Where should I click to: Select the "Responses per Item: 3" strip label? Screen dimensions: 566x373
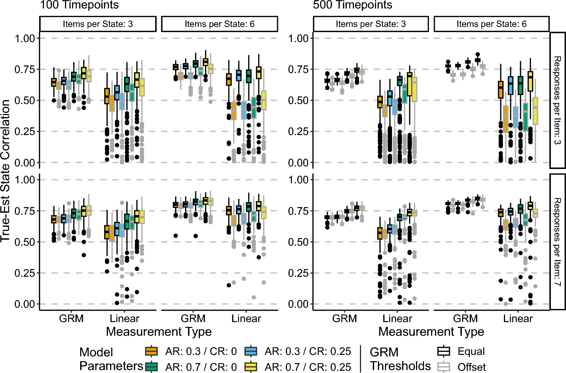(x=557, y=100)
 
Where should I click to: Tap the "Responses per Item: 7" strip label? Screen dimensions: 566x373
(x=557, y=242)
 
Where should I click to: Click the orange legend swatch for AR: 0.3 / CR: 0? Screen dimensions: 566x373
(x=151, y=351)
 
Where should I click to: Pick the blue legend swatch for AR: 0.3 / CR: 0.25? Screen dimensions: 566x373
(x=251, y=351)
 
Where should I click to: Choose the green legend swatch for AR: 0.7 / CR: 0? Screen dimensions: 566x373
(x=151, y=367)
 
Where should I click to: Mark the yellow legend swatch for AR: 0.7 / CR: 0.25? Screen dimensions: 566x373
(x=251, y=367)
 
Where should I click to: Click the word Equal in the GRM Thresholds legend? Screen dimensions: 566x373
(x=471, y=351)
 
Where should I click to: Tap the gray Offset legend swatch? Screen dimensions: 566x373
(x=443, y=367)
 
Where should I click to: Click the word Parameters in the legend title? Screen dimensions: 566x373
(x=111, y=366)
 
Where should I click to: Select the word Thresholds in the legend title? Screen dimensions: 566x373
(x=400, y=366)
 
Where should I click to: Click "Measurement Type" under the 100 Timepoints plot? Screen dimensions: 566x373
(x=159, y=332)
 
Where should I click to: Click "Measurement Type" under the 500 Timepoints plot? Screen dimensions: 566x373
(x=431, y=332)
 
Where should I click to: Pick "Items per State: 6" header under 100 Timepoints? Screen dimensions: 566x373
(x=219, y=24)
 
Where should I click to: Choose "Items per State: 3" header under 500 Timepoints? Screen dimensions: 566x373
(x=371, y=24)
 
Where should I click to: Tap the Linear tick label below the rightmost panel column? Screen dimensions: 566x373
(x=518, y=318)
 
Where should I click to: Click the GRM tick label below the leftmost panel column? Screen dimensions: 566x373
(x=71, y=318)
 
